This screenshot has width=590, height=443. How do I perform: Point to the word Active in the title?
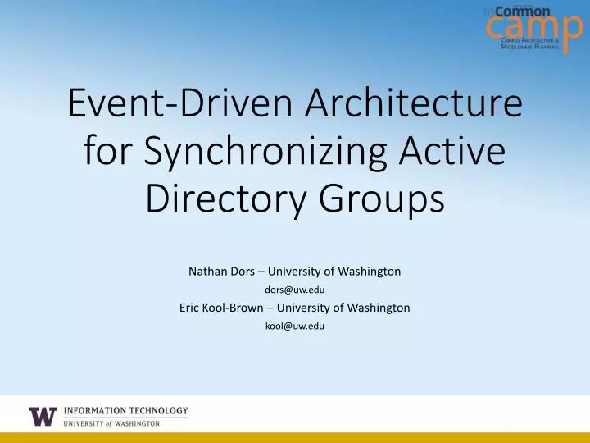[456, 153]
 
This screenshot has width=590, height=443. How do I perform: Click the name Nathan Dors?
[219, 271]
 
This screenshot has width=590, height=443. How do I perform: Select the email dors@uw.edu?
[294, 290]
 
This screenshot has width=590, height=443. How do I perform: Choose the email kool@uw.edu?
[294, 326]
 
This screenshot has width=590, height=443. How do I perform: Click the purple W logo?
[43, 417]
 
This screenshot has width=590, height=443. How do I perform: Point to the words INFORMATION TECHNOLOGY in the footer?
[125, 410]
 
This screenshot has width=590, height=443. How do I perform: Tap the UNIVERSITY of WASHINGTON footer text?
[112, 423]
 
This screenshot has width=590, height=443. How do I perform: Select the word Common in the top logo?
[523, 11]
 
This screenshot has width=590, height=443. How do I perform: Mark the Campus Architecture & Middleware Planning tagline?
[530, 45]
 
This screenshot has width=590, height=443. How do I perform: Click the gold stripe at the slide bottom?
[295, 437]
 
